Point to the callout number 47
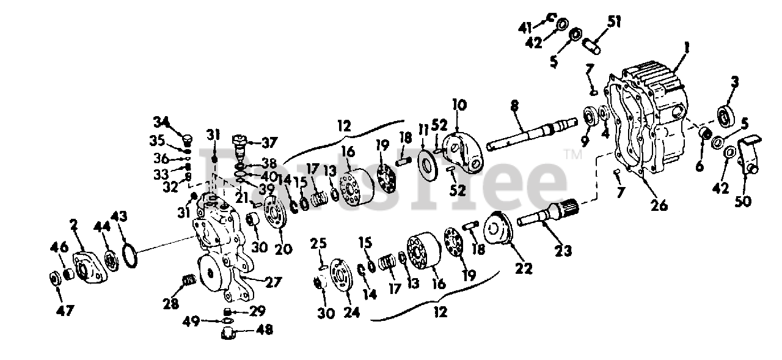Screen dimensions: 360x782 65,310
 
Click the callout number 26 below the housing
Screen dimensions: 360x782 659,206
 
